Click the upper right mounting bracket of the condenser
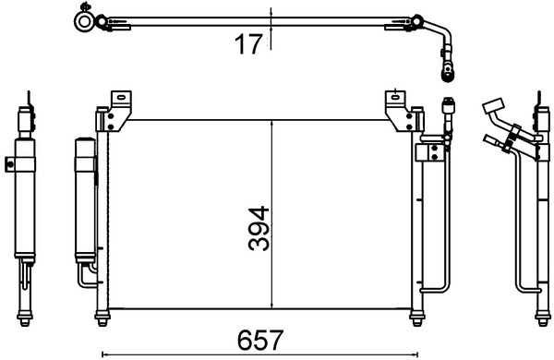[x=399, y=108]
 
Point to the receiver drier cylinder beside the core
[x=82, y=198]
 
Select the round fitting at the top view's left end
[x=85, y=19]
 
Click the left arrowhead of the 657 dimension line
[x=102, y=353]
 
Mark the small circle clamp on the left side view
[x=10, y=166]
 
